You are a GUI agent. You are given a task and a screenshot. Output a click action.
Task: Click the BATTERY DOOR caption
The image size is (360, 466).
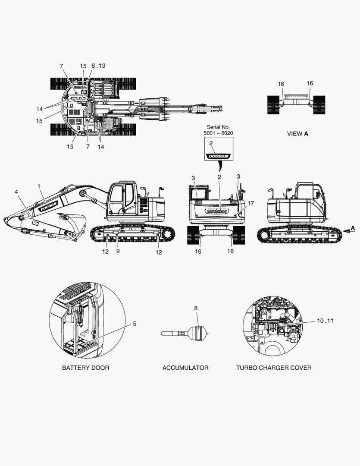(x=85, y=368)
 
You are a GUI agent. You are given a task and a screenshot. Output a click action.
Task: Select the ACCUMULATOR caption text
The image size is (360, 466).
(x=185, y=368)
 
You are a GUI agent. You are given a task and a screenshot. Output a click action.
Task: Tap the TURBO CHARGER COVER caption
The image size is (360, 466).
(x=274, y=368)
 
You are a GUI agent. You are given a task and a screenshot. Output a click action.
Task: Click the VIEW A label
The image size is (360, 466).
(x=297, y=134)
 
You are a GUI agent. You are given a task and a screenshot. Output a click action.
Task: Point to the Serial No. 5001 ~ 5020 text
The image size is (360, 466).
(x=218, y=130)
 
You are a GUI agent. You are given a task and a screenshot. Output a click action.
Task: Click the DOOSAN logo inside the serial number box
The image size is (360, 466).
(x=219, y=156)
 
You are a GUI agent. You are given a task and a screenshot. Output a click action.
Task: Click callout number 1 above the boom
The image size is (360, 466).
(x=39, y=186)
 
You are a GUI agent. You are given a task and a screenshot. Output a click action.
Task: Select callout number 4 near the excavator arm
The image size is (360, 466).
(x=16, y=191)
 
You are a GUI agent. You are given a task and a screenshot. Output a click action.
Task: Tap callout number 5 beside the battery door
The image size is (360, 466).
(x=134, y=323)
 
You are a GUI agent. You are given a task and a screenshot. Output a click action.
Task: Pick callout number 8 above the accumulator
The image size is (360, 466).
(x=196, y=308)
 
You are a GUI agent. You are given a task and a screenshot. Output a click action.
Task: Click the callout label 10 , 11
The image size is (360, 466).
(x=326, y=321)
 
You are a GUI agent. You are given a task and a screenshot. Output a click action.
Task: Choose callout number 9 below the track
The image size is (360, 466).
(x=118, y=251)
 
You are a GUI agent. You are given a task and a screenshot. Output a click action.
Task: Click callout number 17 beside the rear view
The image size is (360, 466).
(x=251, y=203)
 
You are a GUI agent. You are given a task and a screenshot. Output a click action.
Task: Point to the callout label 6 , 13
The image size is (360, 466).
(x=98, y=66)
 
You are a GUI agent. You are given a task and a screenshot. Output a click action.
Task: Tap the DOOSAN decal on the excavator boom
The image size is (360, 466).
(x=48, y=206)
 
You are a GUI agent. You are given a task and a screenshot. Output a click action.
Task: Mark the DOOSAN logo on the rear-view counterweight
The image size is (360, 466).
(x=217, y=211)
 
